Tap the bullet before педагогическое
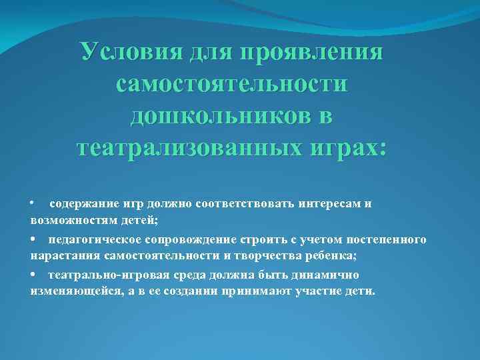pyautogui.click(x=33, y=239)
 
